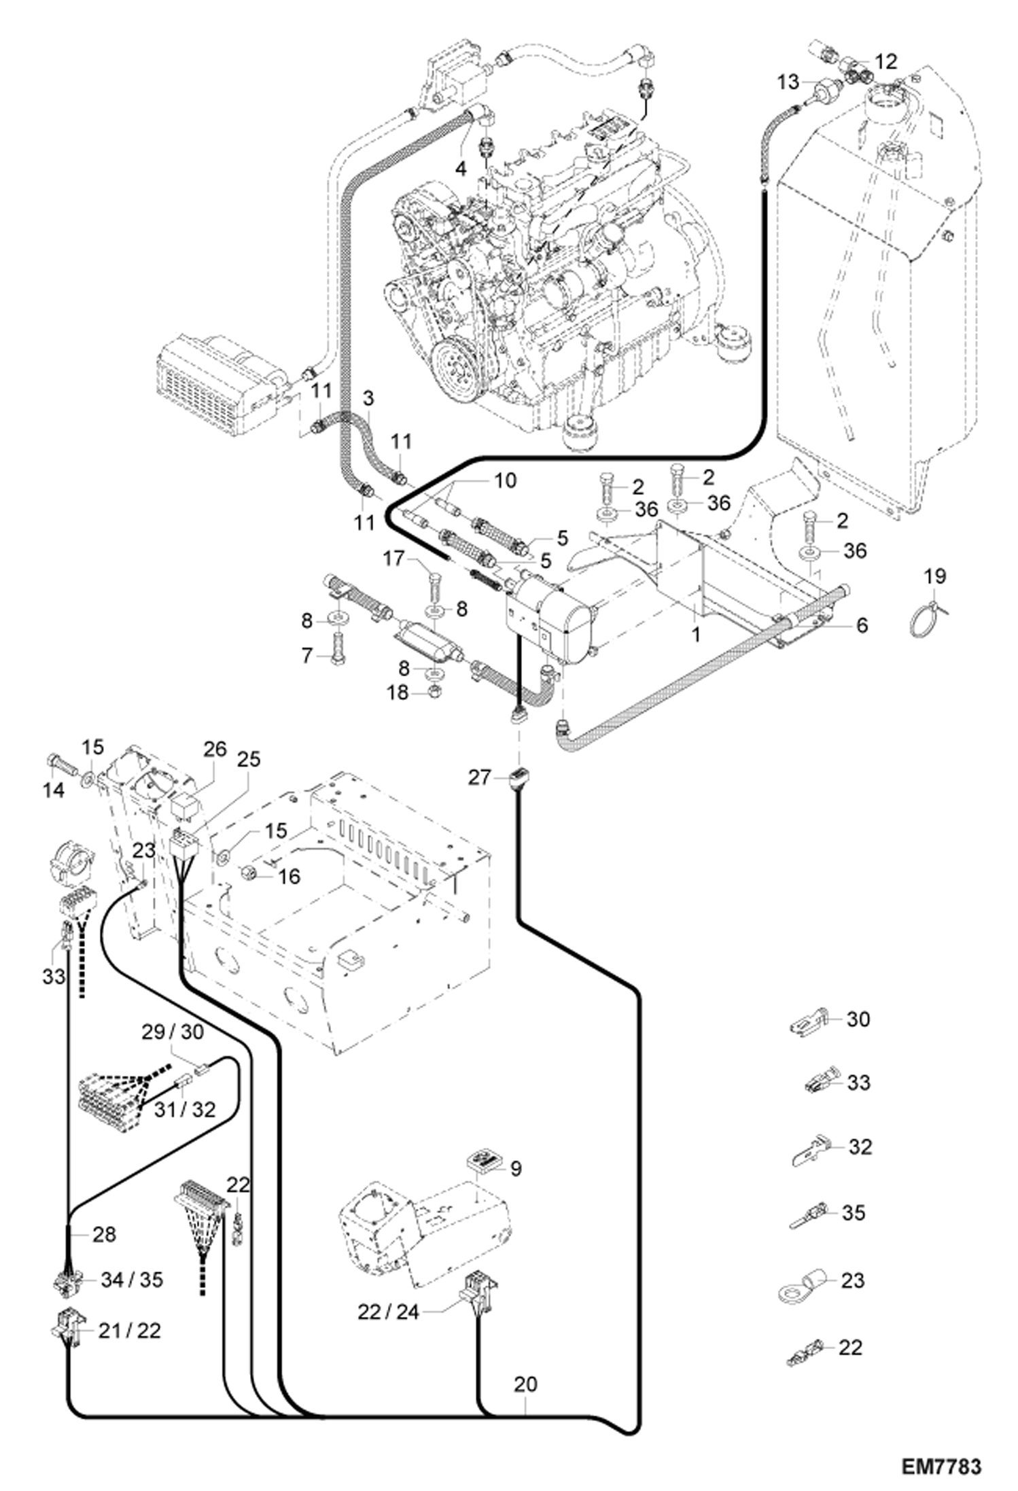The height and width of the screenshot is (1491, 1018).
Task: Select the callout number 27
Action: pyautogui.click(x=479, y=777)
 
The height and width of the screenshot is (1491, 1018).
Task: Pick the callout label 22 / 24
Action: pyautogui.click(x=389, y=1312)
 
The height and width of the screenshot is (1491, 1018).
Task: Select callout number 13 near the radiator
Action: pyautogui.click(x=788, y=82)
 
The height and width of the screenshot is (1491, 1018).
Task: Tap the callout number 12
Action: pyautogui.click(x=886, y=61)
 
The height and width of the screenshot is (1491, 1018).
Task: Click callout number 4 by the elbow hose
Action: pyautogui.click(x=461, y=169)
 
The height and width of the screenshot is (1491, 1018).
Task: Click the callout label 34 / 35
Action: pyautogui.click(x=132, y=1280)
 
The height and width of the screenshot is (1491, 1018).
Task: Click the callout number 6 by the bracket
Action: pyautogui.click(x=862, y=625)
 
